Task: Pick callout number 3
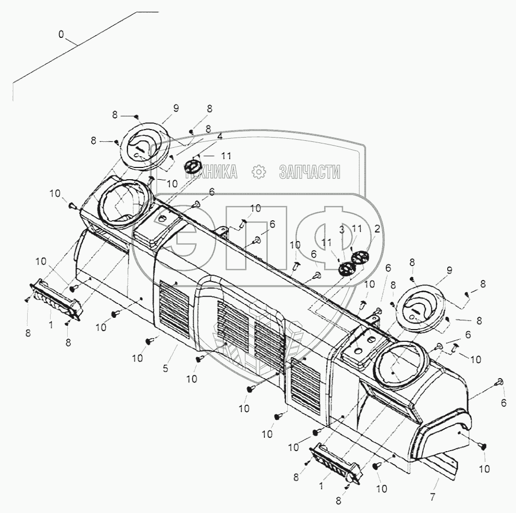pyautogui.click(x=342, y=230)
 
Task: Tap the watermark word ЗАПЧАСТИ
pyautogui.click(x=310, y=172)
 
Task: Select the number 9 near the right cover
pyautogui.click(x=449, y=270)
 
